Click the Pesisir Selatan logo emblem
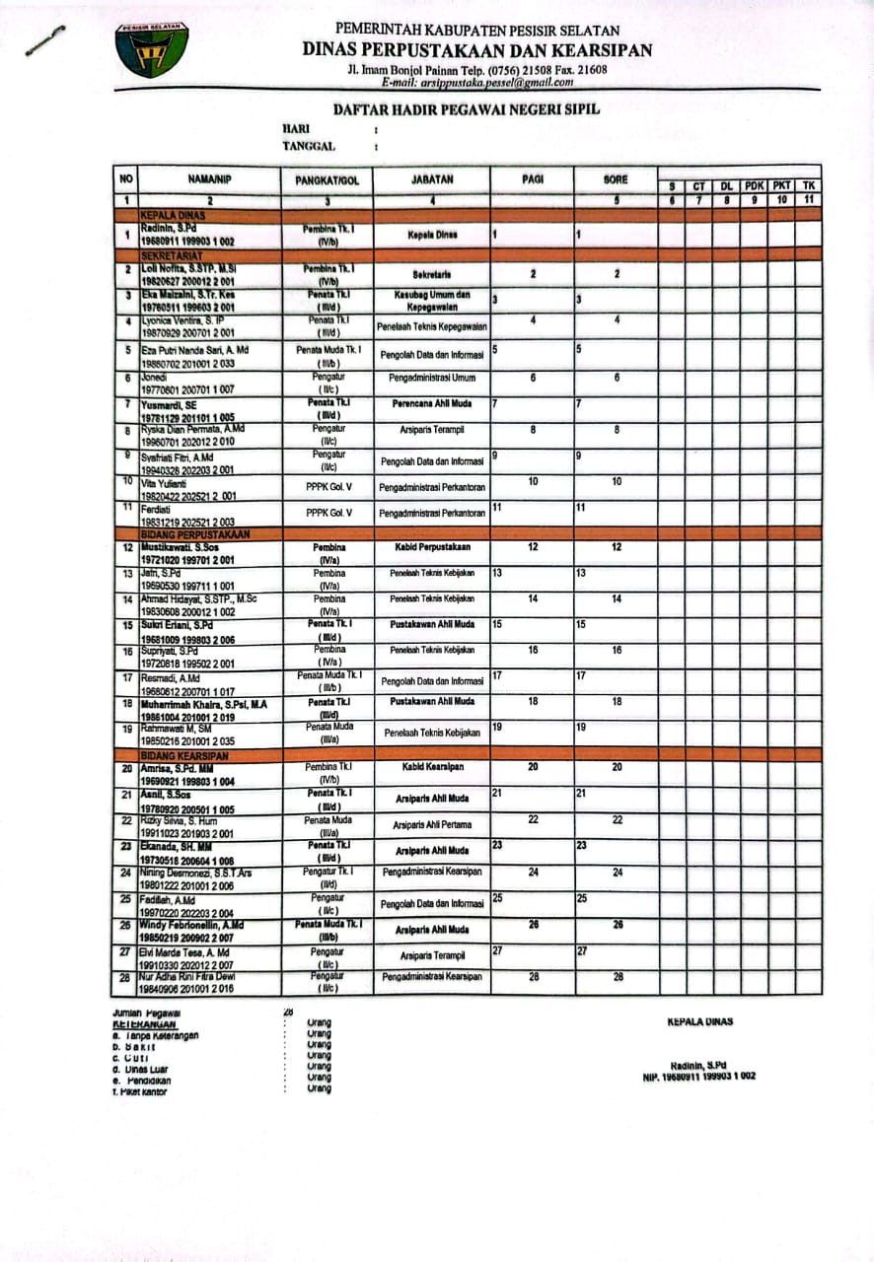[151, 49]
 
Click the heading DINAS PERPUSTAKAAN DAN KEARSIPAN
[476, 50]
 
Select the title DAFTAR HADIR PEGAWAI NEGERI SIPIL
[467, 109]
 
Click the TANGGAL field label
[309, 146]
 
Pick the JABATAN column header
[432, 180]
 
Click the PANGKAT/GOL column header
[328, 180]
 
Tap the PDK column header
[755, 186]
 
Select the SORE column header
[616, 180]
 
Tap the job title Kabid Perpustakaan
[430, 547]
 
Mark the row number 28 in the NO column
[126, 977]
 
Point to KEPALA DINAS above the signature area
[700, 1021]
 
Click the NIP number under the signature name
[698, 1076]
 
